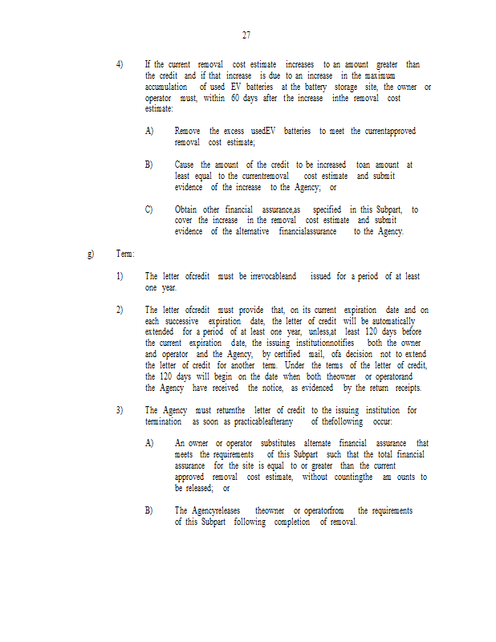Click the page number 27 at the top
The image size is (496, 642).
click(x=246, y=35)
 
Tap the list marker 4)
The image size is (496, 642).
click(x=120, y=64)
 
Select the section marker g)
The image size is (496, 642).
click(x=91, y=254)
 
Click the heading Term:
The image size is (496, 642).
click(x=125, y=254)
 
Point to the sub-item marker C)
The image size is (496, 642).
click(x=149, y=209)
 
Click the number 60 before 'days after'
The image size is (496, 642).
click(x=236, y=98)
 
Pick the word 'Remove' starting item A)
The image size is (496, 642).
click(x=188, y=131)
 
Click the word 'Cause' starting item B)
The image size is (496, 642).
click(x=185, y=165)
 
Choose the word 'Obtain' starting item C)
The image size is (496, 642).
click(x=186, y=209)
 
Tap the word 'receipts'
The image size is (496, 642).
click(x=405, y=388)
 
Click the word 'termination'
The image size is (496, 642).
click(x=164, y=421)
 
